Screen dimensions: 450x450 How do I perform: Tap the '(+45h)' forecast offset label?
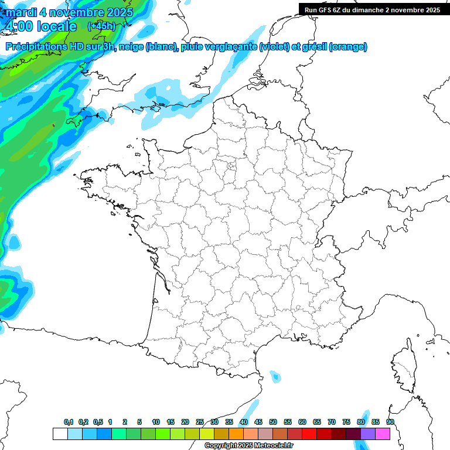101,26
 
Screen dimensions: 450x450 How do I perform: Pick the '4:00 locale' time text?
40,26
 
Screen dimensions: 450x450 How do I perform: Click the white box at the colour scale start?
60,434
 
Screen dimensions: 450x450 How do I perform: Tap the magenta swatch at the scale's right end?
383,434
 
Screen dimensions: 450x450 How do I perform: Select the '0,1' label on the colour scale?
69,422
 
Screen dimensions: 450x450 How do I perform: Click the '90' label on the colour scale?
390,422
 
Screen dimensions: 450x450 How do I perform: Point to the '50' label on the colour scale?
273,422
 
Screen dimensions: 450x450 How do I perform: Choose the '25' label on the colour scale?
200,422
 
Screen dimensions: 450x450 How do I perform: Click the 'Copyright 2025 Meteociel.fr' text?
248,446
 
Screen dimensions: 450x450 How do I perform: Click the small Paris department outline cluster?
232,166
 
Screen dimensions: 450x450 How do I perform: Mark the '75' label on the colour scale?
346,422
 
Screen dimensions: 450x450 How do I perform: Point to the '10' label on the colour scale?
156,422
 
